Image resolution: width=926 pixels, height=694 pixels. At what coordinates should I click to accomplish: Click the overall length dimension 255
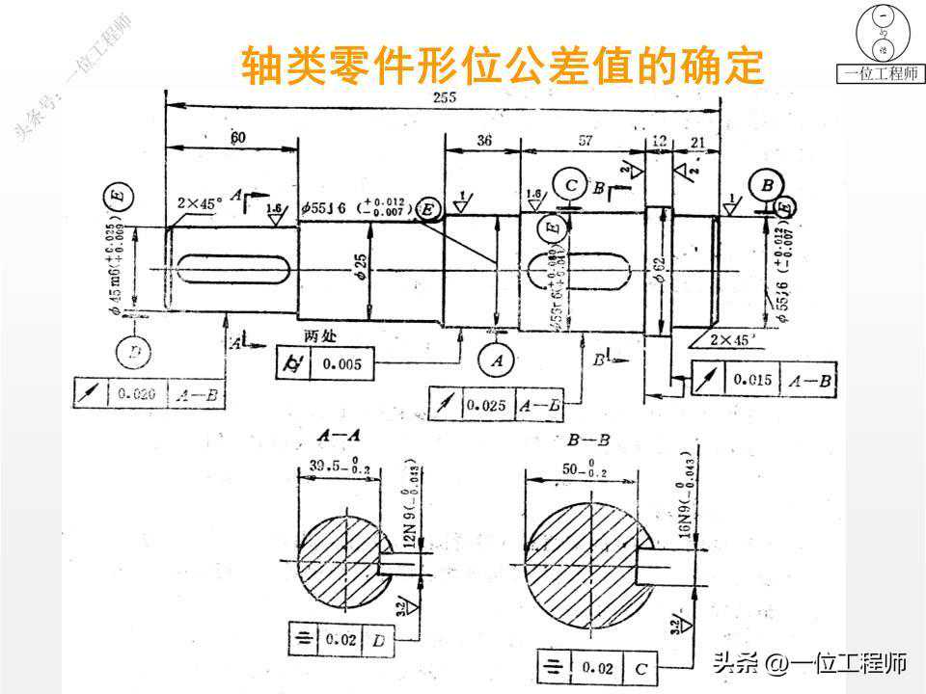(444, 97)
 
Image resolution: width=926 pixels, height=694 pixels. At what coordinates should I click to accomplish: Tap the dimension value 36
(483, 141)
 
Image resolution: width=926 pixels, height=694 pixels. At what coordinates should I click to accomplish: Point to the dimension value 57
(585, 141)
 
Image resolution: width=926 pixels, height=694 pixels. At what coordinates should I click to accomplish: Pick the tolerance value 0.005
(342, 364)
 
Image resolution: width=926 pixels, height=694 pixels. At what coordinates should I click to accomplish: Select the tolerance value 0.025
(488, 405)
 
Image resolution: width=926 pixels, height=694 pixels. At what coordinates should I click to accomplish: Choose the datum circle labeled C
(572, 184)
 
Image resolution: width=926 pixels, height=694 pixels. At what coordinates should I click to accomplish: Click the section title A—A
(334, 439)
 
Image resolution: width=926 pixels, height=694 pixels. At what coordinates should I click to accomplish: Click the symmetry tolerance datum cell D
(379, 639)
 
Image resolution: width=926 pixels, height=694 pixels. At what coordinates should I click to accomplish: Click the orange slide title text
(502, 66)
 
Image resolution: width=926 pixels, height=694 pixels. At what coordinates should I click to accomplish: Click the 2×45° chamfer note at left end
(200, 203)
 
